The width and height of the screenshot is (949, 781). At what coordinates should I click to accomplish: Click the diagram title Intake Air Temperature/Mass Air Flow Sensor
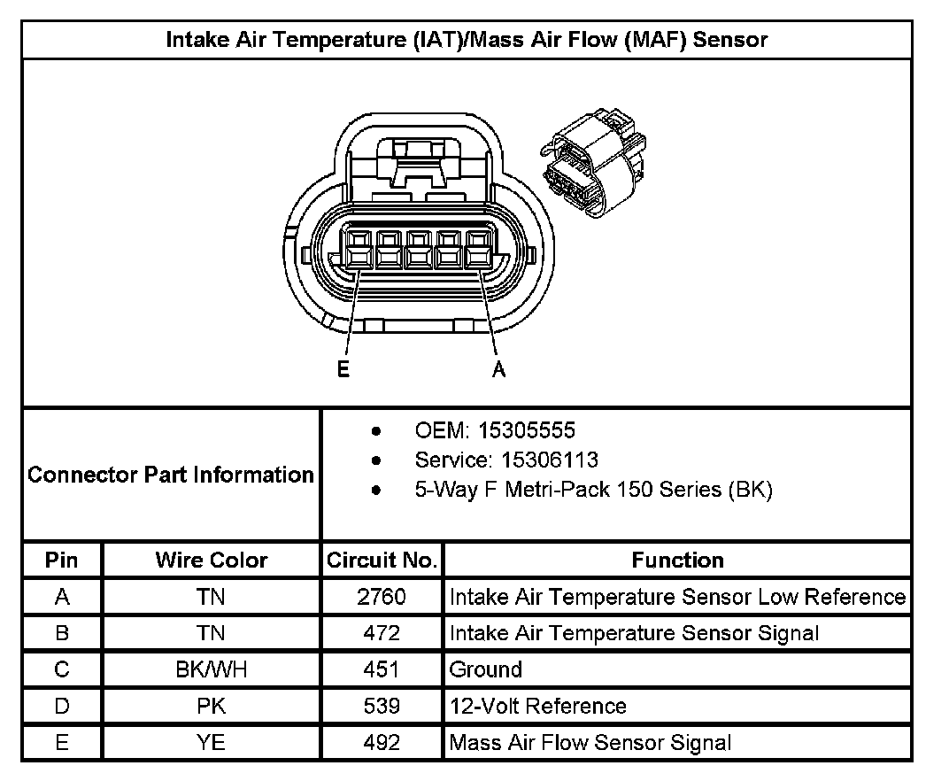(x=467, y=40)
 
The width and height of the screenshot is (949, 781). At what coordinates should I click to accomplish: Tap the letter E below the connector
(x=343, y=370)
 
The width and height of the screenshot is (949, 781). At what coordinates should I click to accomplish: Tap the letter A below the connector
(x=499, y=370)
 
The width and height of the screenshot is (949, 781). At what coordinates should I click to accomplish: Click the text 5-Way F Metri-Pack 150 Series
(x=593, y=490)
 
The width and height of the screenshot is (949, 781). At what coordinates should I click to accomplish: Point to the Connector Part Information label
(x=171, y=475)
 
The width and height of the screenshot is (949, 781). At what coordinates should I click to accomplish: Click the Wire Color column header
(x=212, y=561)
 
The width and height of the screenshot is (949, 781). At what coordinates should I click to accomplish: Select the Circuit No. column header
(x=382, y=561)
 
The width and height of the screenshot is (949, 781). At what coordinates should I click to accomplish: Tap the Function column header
(x=677, y=561)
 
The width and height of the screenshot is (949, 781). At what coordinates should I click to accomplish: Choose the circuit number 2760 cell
(x=382, y=597)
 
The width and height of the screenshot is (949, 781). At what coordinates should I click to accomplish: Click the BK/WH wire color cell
(x=212, y=669)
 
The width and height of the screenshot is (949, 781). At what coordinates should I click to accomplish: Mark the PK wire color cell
(x=212, y=706)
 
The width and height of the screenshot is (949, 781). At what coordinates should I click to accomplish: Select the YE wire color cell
(x=212, y=743)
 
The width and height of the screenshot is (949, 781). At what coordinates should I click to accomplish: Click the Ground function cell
(x=486, y=669)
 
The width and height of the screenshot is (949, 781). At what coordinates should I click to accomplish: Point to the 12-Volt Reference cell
(x=538, y=706)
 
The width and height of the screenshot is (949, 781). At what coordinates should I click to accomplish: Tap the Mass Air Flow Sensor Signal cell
(x=590, y=743)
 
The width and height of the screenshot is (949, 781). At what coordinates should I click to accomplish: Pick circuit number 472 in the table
(x=382, y=633)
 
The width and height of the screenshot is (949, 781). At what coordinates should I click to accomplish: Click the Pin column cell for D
(x=62, y=706)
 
